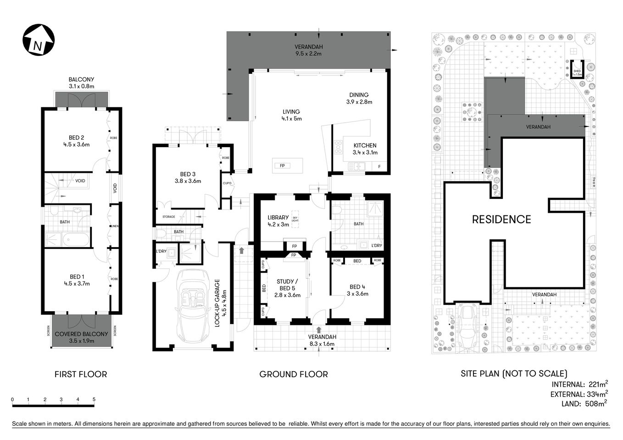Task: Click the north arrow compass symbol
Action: point(39,40)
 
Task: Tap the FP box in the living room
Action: point(282,165)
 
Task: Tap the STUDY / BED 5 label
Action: point(287,288)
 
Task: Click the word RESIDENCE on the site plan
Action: point(501,220)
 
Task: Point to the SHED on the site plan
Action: point(577,71)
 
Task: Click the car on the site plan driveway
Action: point(468,326)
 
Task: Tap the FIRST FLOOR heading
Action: point(81,374)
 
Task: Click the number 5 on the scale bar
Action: point(94,400)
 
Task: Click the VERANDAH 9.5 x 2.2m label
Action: point(308,50)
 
